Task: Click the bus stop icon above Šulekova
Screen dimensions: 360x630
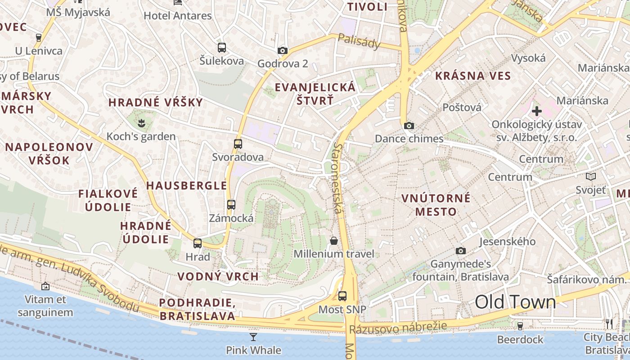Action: point(221,47)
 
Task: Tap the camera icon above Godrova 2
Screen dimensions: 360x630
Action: point(282,50)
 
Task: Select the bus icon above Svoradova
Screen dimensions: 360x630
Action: point(238,144)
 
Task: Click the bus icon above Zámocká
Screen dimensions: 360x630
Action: point(231,205)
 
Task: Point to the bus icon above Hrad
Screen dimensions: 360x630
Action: point(197,243)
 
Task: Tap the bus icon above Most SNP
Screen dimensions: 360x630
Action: point(342,296)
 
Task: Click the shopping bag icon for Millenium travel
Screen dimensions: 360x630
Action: point(333,241)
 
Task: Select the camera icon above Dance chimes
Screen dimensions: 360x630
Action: point(409,126)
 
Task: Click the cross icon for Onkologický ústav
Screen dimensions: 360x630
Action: point(536,111)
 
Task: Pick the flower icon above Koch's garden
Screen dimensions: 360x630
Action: point(141,122)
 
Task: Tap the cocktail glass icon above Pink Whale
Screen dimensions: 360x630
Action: point(253,337)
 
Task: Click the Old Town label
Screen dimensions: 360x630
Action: point(515,302)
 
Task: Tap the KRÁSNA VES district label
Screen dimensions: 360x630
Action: point(473,76)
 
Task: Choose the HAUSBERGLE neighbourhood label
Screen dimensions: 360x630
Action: point(186,185)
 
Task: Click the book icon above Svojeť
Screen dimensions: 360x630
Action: point(590,177)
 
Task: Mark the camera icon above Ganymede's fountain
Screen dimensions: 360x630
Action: point(460,251)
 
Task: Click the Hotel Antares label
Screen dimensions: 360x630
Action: point(177,16)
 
